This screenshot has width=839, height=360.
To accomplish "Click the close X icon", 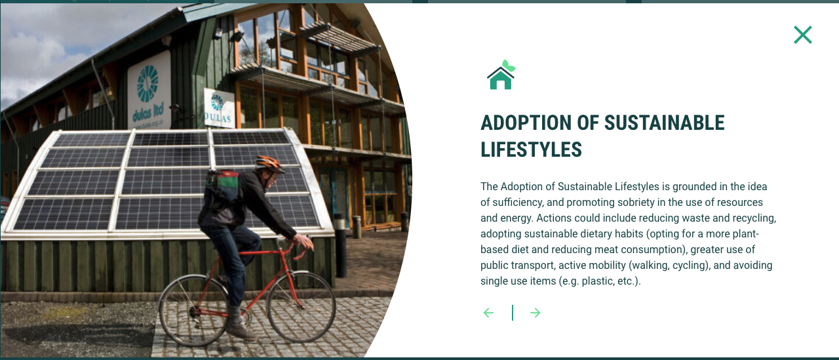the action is coord(803,35).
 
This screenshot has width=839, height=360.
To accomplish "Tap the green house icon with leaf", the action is coord(501,75).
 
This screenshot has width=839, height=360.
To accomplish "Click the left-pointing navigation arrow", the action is coord(488,313).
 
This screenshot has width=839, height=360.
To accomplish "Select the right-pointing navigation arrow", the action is coord(536,313).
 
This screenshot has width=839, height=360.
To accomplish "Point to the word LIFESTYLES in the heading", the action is coord(531,150).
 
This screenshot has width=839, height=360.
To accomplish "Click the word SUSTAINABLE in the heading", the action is coord(664,123).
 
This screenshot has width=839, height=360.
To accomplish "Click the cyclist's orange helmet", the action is coord(268,163).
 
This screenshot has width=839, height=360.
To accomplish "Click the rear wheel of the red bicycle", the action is coord(194,310).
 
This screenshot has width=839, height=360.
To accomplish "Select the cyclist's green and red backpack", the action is coord(222,186).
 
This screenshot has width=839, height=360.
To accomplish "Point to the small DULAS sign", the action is coord(219,108).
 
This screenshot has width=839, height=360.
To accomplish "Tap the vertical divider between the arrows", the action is coord(513,313).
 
